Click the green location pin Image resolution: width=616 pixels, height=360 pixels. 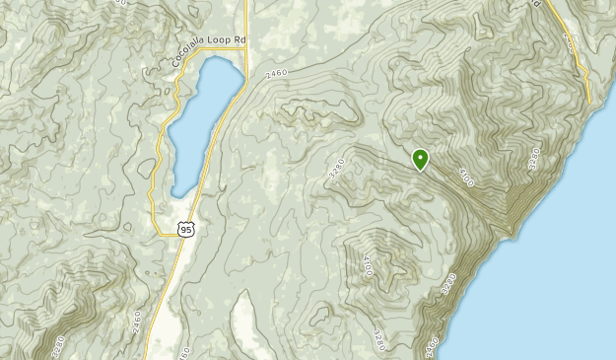(x=421, y=159)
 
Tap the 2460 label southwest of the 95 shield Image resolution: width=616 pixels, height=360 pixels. (x=136, y=323)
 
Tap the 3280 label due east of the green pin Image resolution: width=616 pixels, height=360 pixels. (x=535, y=158)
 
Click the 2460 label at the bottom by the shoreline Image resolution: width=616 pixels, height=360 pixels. (x=431, y=347)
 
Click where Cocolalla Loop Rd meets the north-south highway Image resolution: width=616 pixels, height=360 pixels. (x=244, y=42)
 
